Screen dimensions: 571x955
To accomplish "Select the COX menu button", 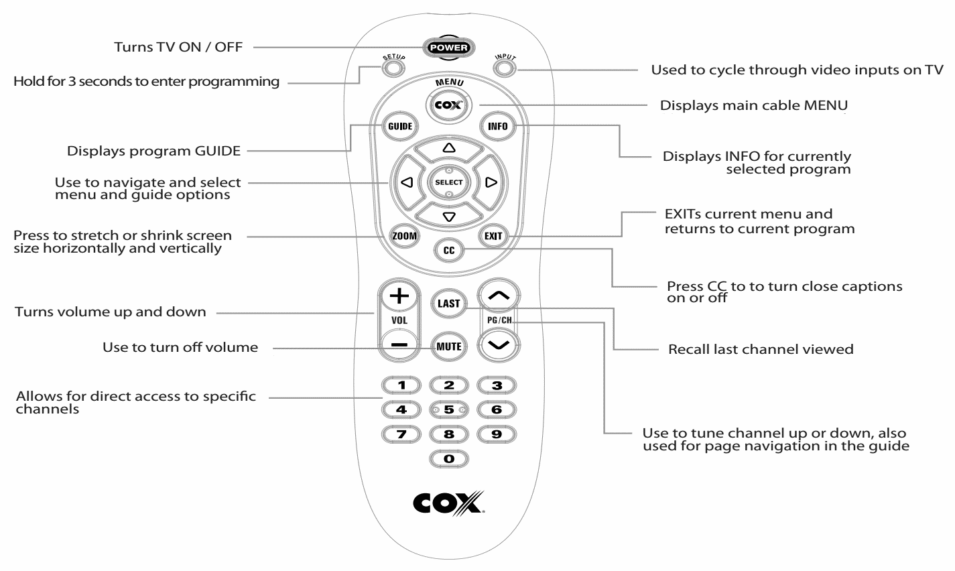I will pos(449,105).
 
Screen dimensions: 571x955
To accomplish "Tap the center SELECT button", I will pos(449,182).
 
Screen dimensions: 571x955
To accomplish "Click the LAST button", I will pos(448,303).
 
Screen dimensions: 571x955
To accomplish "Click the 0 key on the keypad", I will pos(449,458).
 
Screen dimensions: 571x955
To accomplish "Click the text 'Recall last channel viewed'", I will pos(761,349).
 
